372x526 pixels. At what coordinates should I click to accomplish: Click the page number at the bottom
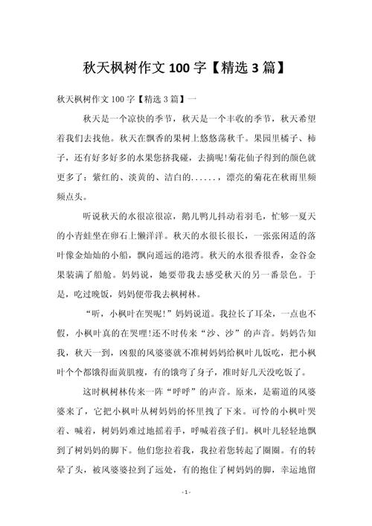pyautogui.click(x=186, y=513)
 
